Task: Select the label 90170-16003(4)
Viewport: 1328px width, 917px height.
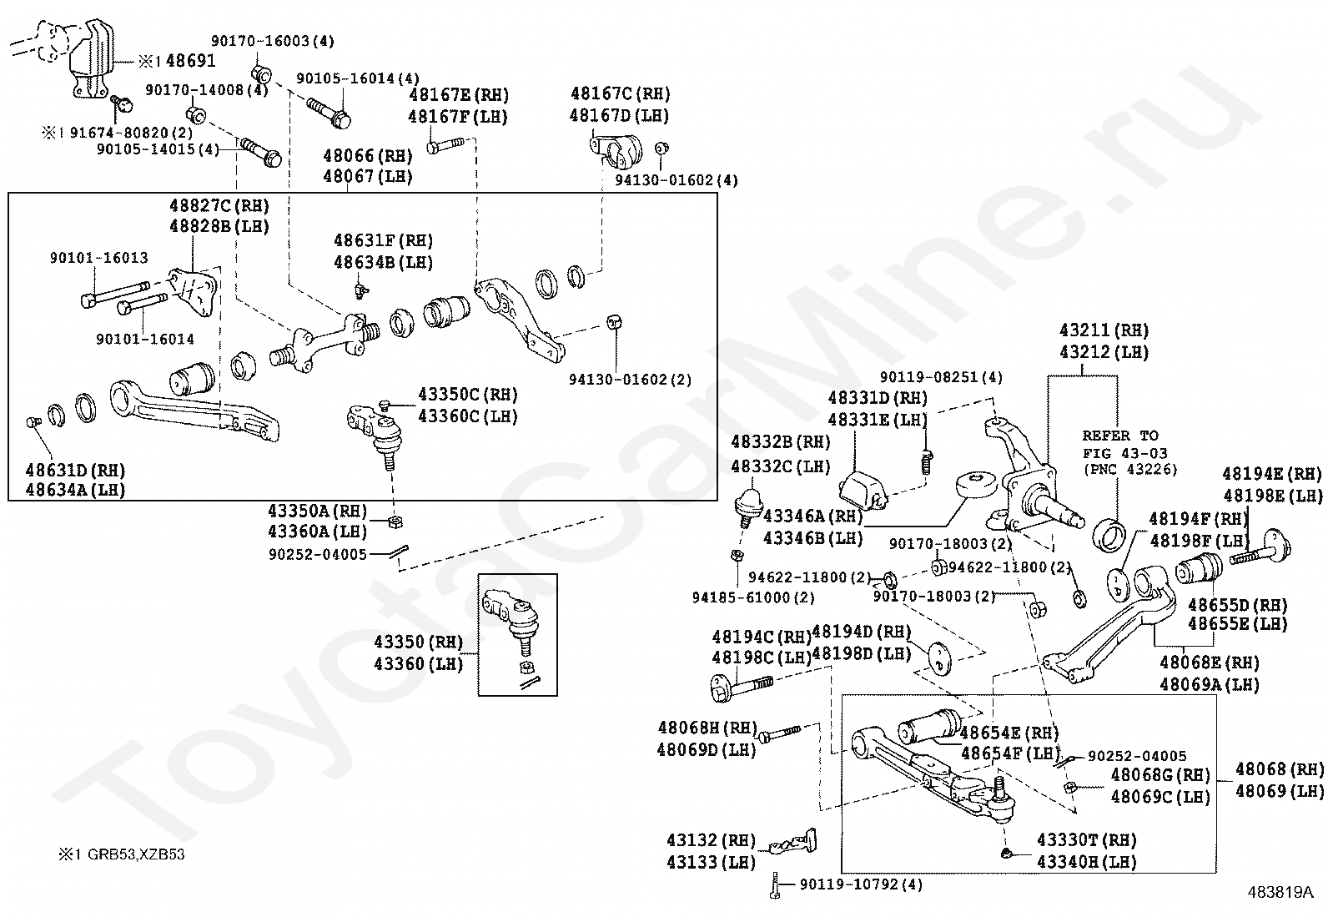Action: (x=272, y=41)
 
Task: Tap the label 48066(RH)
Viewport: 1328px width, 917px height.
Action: (x=368, y=155)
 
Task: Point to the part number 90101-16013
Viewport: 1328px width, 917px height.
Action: (x=98, y=259)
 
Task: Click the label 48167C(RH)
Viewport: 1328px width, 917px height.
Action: (x=620, y=93)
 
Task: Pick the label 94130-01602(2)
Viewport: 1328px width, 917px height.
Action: (x=631, y=380)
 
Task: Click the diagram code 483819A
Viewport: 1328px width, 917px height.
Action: (x=1280, y=892)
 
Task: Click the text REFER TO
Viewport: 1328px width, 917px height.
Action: (x=1120, y=436)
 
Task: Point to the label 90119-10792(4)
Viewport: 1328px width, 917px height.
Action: (x=860, y=884)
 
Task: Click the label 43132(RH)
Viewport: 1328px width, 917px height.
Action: (x=711, y=840)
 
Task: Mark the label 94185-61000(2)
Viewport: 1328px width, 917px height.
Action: (x=753, y=597)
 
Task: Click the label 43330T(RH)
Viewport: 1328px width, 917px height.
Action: (x=1087, y=840)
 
